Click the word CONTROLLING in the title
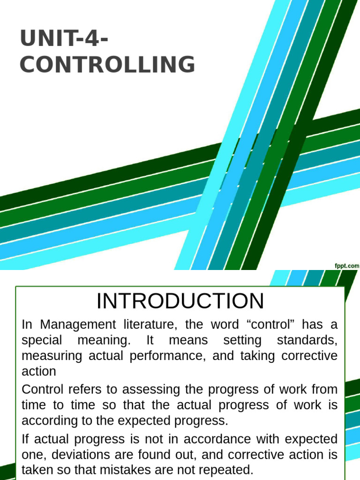(x=107, y=65)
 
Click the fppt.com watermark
(x=347, y=266)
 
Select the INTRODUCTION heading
(x=180, y=301)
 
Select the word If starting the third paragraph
(x=26, y=439)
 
